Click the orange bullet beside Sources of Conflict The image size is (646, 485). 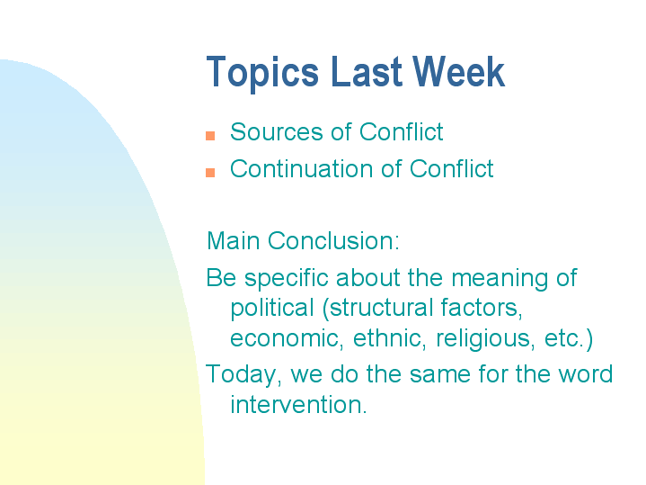[210, 136]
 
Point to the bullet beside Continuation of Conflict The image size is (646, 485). [210, 172]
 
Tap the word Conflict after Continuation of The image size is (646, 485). [452, 169]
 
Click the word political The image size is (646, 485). [272, 309]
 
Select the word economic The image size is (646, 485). [281, 339]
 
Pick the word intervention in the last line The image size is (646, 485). [297, 404]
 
